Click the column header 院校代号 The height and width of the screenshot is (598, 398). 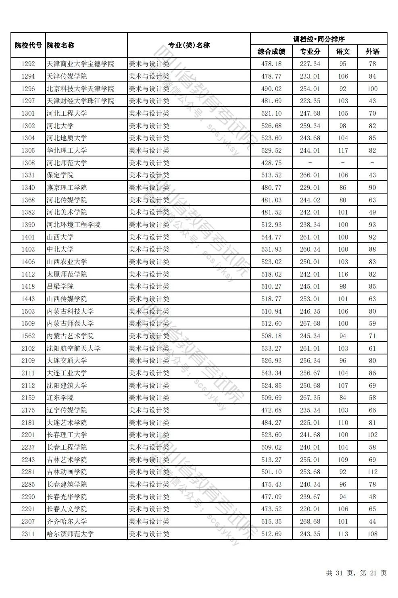click(x=28, y=45)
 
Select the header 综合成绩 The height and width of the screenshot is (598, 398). click(x=271, y=52)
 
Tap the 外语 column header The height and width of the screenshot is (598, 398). click(x=372, y=52)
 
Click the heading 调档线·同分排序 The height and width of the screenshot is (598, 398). click(x=319, y=39)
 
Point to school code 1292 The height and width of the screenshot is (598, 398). click(x=28, y=64)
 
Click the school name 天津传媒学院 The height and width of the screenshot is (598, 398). click(x=67, y=76)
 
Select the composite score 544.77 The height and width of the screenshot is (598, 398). click(x=271, y=237)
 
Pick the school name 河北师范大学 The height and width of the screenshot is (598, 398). click(x=67, y=163)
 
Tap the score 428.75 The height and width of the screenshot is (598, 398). click(x=271, y=163)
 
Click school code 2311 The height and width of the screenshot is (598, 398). click(x=28, y=534)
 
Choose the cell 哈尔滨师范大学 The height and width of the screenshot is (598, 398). click(x=70, y=534)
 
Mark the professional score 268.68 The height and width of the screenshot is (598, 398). click(x=310, y=521)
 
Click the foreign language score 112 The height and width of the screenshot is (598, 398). click(x=372, y=472)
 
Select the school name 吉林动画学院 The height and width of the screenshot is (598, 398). click(x=67, y=472)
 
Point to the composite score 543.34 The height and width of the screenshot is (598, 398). click(x=271, y=373)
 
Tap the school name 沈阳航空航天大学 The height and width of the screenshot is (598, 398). click(x=73, y=348)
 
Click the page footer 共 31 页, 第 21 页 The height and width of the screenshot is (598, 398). click(x=356, y=573)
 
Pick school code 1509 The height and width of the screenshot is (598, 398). click(x=28, y=323)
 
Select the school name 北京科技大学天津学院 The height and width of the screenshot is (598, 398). click(x=80, y=89)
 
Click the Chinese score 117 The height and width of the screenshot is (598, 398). click(x=343, y=150)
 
